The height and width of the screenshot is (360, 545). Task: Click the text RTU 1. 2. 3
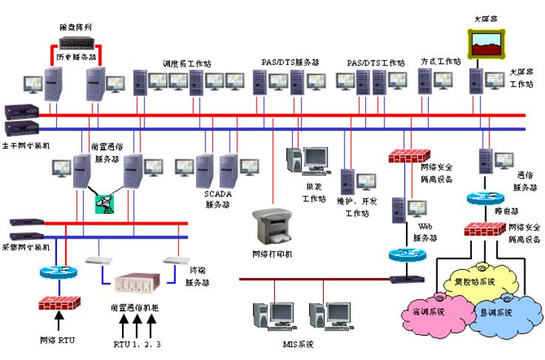pos(135,344)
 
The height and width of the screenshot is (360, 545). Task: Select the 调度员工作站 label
pos(186,64)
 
